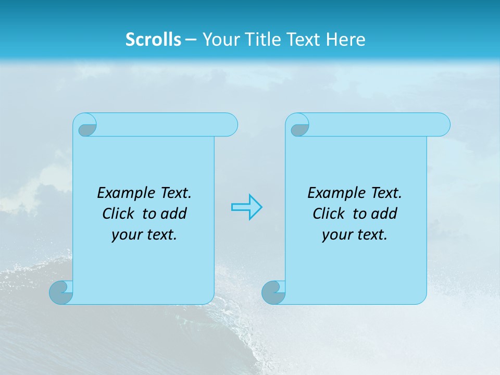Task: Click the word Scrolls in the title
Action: [x=153, y=40]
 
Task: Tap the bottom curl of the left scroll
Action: [x=61, y=293]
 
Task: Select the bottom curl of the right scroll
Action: [x=273, y=293]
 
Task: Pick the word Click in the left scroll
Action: [x=118, y=214]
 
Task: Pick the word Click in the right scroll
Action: [x=329, y=214]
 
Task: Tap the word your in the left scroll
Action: [x=124, y=235]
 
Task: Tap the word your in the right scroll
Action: [x=335, y=235]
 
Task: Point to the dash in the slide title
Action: [x=191, y=40]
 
